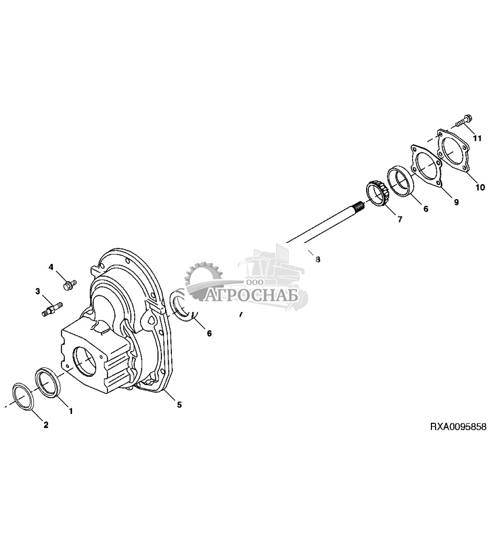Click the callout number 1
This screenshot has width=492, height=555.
71,411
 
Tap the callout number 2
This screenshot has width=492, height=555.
46,425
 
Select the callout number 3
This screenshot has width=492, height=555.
38,291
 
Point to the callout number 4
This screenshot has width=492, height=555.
51,268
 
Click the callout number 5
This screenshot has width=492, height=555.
179,404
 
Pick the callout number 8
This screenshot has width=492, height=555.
318,259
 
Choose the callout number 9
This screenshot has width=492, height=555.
456,202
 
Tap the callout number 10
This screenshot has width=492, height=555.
481,187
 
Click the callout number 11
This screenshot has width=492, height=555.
476,138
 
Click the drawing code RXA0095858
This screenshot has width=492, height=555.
458,427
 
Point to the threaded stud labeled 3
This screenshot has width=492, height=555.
51,307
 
